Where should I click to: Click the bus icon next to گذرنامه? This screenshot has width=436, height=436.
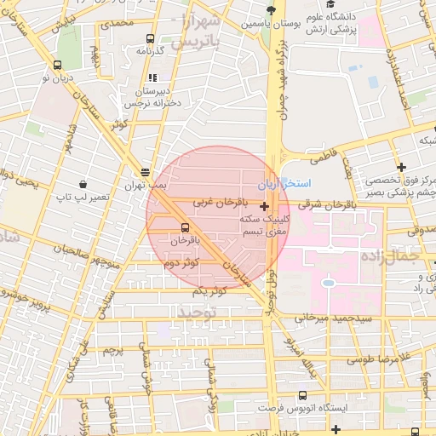pyautogui.click(x=151, y=38)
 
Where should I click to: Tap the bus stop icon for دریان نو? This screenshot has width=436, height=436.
pyautogui.click(x=57, y=64)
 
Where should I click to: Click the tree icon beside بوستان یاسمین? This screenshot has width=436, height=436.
pyautogui.click(x=271, y=10)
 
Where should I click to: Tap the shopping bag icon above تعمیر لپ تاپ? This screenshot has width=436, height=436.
pyautogui.click(x=83, y=183)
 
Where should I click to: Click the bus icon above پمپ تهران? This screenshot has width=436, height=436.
pyautogui.click(x=146, y=169)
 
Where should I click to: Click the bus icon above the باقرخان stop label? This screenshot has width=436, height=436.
pyautogui.click(x=186, y=227)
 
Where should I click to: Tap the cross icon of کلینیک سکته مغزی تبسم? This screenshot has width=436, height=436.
pyautogui.click(x=265, y=206)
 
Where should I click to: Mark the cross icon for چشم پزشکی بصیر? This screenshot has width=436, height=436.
pyautogui.click(x=401, y=168)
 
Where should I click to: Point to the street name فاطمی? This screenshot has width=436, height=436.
pyautogui.click(x=324, y=158)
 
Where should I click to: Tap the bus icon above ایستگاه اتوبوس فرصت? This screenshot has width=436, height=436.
pyautogui.click(x=303, y=394)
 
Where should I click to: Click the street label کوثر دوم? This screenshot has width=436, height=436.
pyautogui.click(x=183, y=265)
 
